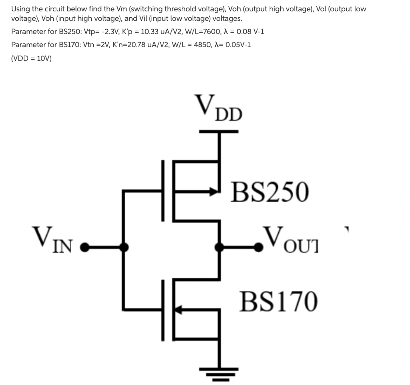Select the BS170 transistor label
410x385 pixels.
pos(279,301)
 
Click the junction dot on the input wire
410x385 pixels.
pos(124,247)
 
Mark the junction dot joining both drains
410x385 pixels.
pos(219,247)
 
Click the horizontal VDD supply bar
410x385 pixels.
pos(219,131)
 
